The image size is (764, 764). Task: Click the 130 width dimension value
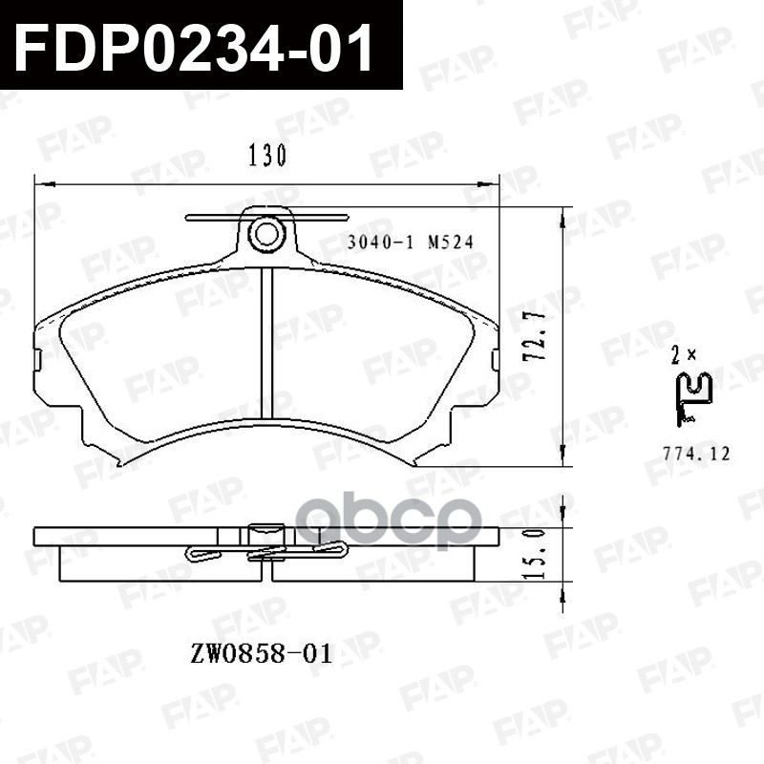coord(267,157)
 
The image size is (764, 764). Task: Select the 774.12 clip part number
coord(695,455)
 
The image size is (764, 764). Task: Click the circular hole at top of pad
coord(266,232)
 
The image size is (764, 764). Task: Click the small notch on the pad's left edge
coord(38,359)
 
